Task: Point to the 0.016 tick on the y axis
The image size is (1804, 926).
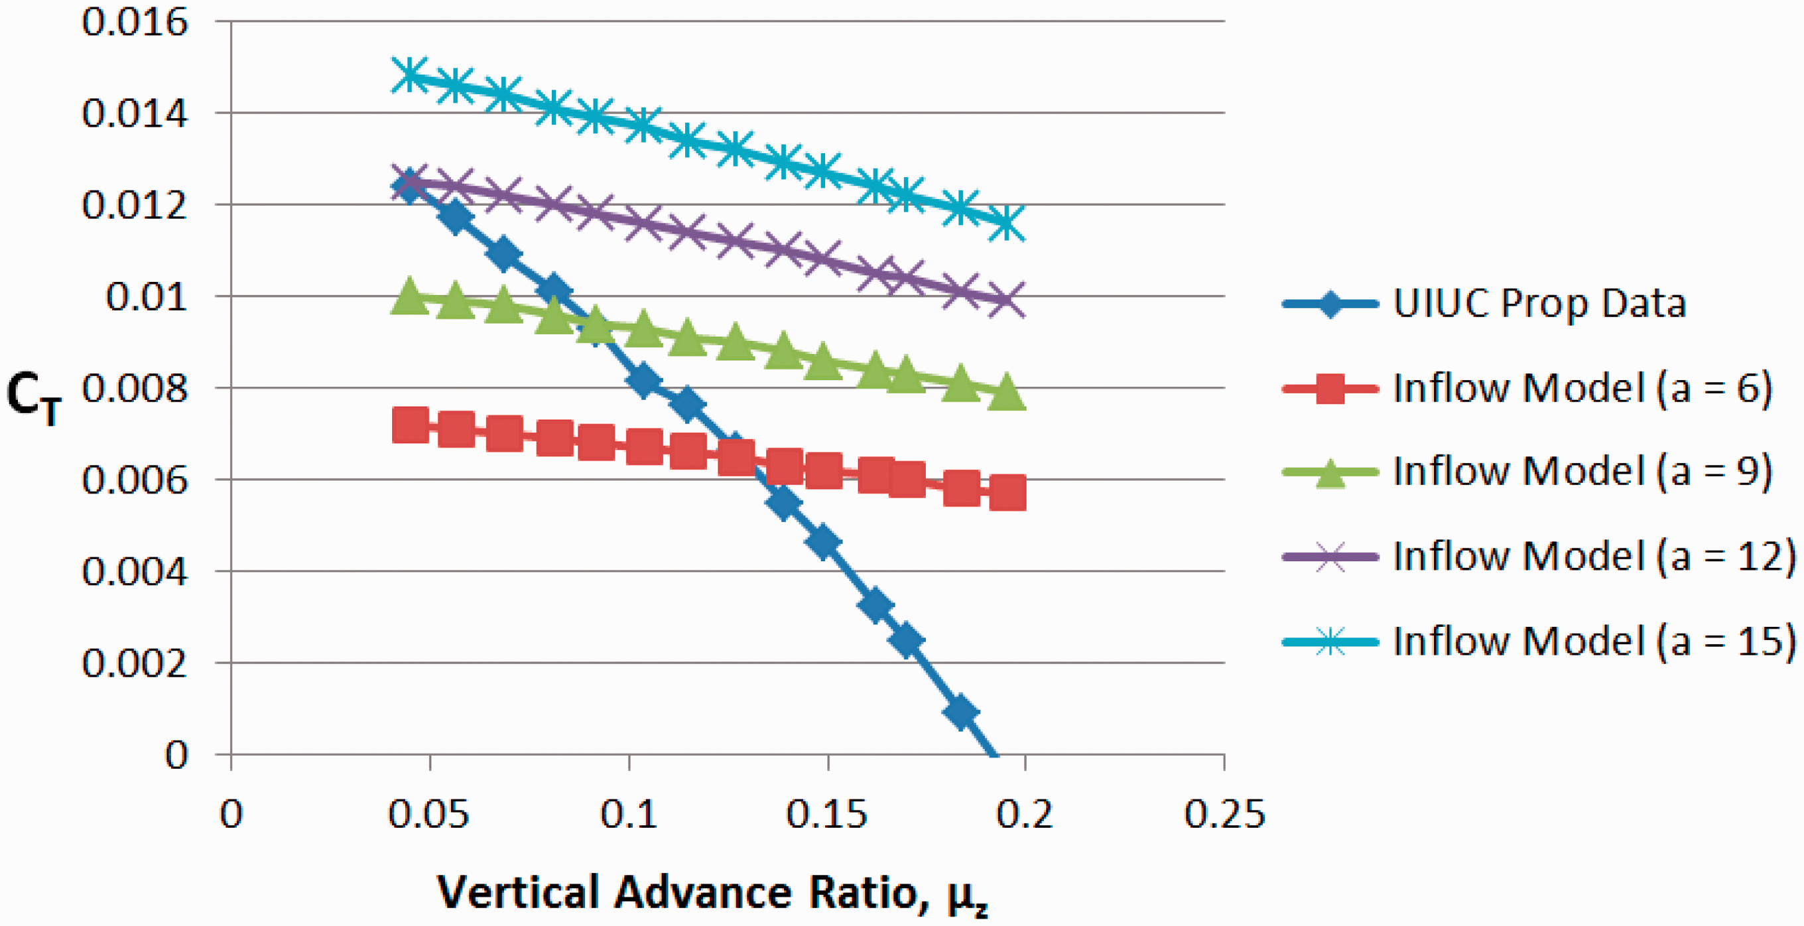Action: (135, 22)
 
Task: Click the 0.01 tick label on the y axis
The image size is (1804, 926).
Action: (147, 297)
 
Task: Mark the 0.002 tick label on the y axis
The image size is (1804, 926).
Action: (135, 663)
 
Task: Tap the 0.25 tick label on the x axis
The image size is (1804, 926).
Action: (1224, 815)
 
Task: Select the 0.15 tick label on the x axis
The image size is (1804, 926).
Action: (827, 815)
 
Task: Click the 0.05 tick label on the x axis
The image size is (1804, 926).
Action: (428, 815)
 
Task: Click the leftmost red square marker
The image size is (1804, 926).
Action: (411, 425)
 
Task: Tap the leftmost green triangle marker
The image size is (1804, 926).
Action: (411, 297)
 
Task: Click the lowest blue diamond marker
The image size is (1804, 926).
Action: (961, 712)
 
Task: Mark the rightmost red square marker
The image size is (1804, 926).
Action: (1007, 492)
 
